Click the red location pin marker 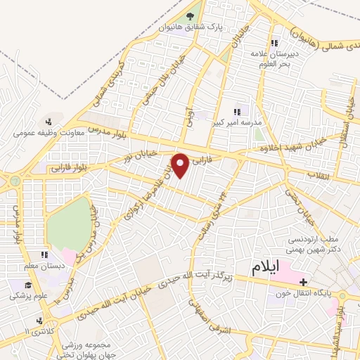coord(181,165)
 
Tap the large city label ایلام coord(265,267)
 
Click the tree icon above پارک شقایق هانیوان coord(190,16)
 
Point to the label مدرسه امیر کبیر coord(238,122)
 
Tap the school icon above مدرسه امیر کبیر coord(238,110)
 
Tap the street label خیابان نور coord(140,154)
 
